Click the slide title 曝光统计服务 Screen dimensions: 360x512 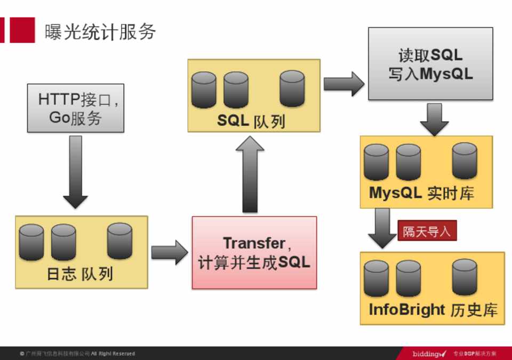tap(100, 32)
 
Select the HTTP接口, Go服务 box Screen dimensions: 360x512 tap(76, 108)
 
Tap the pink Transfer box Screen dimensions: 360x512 tap(254, 252)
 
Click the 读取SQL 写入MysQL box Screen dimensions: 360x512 tap(430, 64)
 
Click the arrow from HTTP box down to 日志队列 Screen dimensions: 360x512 tap(76, 171)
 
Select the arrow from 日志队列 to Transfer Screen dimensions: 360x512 tap(169, 252)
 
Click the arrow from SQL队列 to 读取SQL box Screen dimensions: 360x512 tap(343, 83)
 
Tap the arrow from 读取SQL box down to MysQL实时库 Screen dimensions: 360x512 tap(434, 118)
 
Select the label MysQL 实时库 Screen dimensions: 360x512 tap(421, 193)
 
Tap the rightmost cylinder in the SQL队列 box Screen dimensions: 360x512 tap(292, 88)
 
